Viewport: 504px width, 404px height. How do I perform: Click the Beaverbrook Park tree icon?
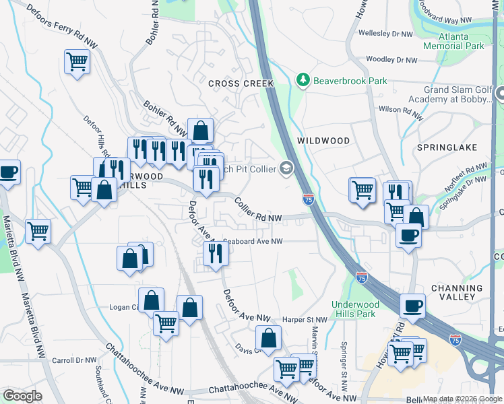click(303, 81)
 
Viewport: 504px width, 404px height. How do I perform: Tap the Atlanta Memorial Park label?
click(453, 41)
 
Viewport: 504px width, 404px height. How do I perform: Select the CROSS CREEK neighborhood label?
click(241, 83)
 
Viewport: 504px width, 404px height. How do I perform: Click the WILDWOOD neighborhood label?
click(323, 141)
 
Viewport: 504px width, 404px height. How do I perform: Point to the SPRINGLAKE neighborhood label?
click(447, 147)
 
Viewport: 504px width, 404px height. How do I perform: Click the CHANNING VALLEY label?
click(456, 292)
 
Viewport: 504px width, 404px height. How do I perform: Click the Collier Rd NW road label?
click(257, 210)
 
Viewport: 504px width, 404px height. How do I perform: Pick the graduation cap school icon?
click(287, 168)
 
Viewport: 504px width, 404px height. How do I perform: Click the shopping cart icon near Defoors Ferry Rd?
click(77, 62)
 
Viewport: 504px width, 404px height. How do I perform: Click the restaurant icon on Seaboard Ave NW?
click(216, 253)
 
